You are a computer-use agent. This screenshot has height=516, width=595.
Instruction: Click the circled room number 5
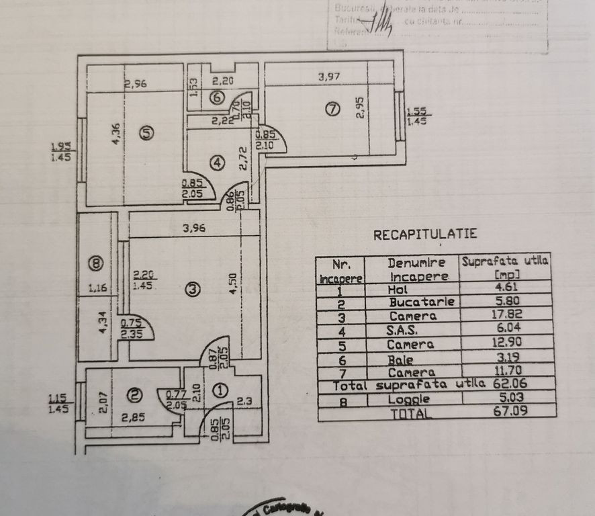pyautogui.click(x=146, y=133)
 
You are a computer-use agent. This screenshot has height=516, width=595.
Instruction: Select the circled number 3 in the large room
pyautogui.click(x=192, y=290)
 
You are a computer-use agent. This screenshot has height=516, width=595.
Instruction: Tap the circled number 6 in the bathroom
pyautogui.click(x=215, y=97)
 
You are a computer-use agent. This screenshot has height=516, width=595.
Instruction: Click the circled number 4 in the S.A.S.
pyautogui.click(x=215, y=162)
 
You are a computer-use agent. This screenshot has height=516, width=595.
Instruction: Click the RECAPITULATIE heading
pyautogui.click(x=425, y=234)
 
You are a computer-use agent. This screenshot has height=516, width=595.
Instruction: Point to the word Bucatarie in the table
pyautogui.click(x=422, y=302)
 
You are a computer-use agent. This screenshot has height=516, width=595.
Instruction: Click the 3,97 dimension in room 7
pyautogui.click(x=328, y=77)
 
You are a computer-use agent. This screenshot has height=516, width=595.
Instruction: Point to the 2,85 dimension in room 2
pyautogui.click(x=132, y=417)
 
